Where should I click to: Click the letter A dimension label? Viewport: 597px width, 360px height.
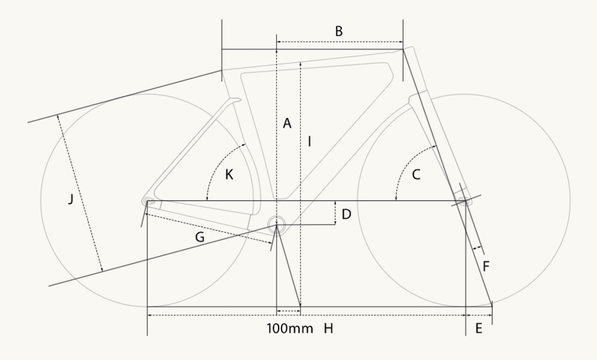click(x=287, y=123)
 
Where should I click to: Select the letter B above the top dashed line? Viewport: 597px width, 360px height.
click(x=339, y=31)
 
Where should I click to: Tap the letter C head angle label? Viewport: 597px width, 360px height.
click(x=416, y=175)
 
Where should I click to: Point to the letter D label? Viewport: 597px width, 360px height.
click(x=346, y=214)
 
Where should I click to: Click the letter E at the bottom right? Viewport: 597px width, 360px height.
click(x=479, y=328)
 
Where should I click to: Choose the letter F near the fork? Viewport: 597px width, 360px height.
click(x=486, y=266)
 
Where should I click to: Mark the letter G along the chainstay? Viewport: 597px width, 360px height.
click(x=200, y=237)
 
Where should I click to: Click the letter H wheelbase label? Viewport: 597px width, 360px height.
click(x=328, y=328)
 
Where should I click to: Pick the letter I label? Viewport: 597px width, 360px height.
click(x=309, y=141)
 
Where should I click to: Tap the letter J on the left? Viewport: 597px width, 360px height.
click(x=71, y=199)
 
